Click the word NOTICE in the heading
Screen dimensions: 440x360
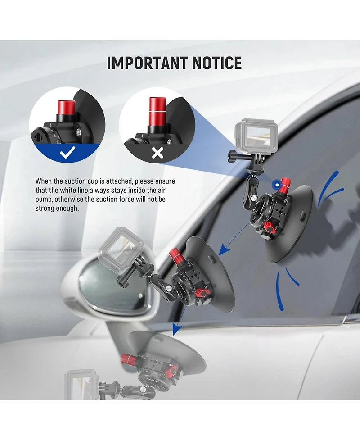point(217,63)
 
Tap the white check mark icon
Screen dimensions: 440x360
point(67,154)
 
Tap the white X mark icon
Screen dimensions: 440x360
point(157,154)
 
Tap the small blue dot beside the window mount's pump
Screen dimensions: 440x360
point(274,184)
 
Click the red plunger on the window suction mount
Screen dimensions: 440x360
point(285,183)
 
